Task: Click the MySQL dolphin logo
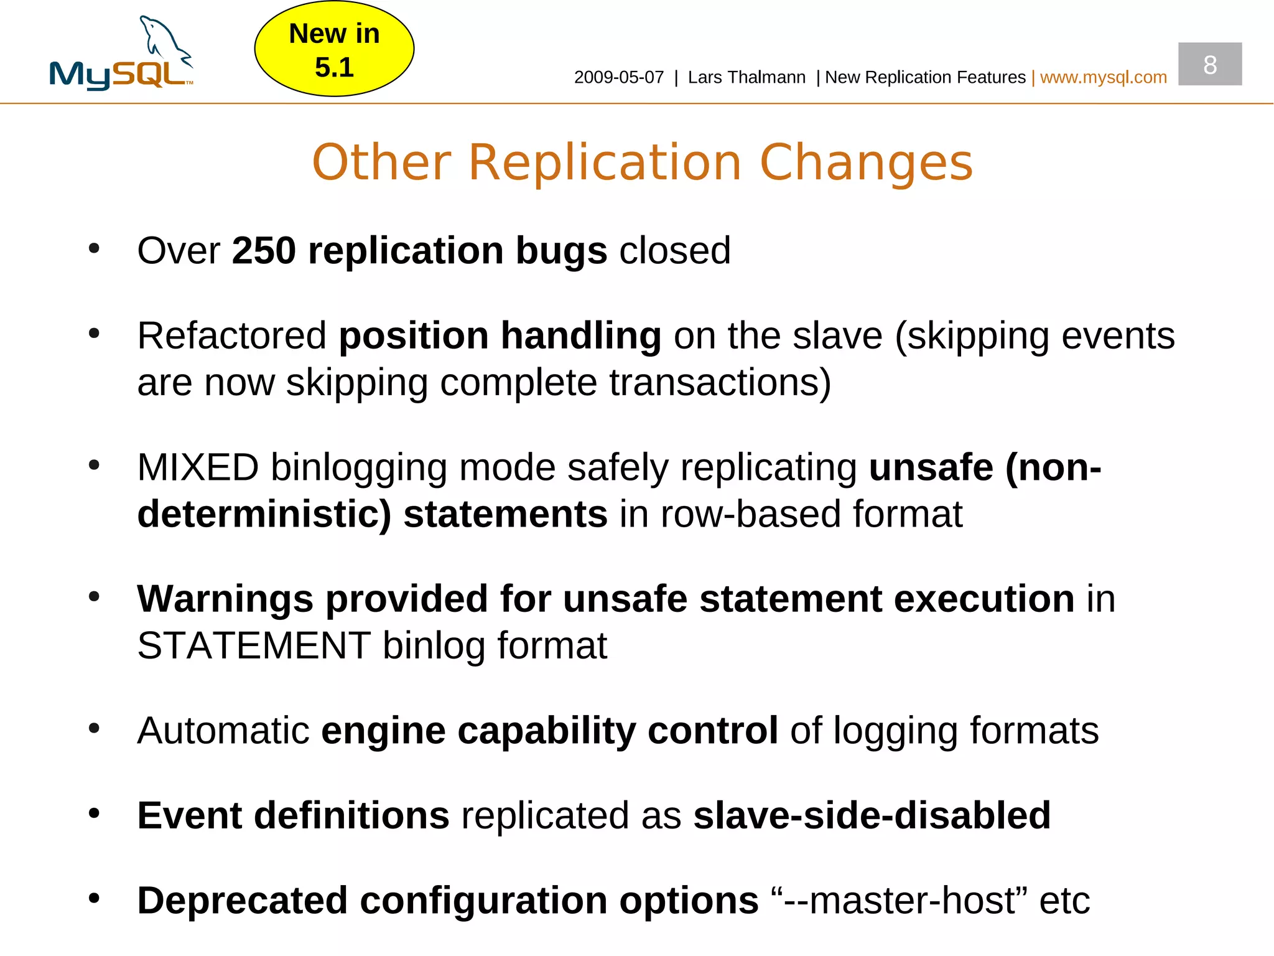[x=122, y=54]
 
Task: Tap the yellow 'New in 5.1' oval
[x=334, y=50]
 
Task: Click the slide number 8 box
[x=1209, y=64]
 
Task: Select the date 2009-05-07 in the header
[x=619, y=77]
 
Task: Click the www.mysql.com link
[x=1103, y=77]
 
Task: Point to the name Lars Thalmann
[x=746, y=77]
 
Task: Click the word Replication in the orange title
[x=605, y=162]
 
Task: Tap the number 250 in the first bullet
[x=264, y=251]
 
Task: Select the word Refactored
[x=231, y=336]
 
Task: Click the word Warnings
[x=225, y=599]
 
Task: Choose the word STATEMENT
[x=254, y=646]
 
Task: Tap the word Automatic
[x=223, y=731]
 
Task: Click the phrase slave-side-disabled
[x=872, y=815]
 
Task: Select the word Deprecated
[x=242, y=901]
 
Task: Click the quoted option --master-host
[x=900, y=901]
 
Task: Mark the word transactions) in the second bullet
[x=720, y=383]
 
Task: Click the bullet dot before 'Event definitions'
[x=94, y=813]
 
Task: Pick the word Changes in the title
[x=866, y=162]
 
